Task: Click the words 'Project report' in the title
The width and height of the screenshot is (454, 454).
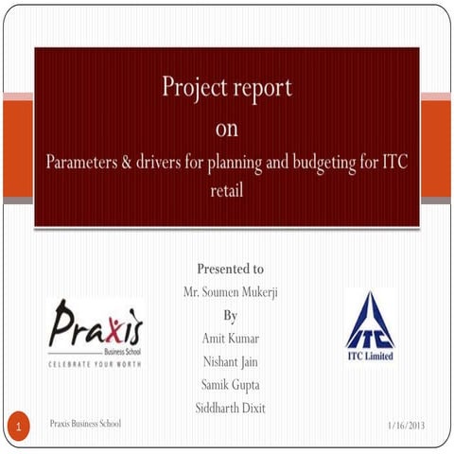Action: (227, 88)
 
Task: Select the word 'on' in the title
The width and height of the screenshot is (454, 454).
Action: (227, 127)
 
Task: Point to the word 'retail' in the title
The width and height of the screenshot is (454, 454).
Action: (227, 189)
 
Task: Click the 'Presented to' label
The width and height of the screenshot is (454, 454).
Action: (230, 269)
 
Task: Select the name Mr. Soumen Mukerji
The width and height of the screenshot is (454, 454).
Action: (230, 292)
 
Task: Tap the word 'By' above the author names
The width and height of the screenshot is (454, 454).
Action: (230, 315)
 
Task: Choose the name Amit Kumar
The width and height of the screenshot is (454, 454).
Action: (230, 338)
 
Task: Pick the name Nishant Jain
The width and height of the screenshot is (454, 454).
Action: (230, 361)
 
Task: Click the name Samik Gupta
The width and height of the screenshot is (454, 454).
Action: (230, 384)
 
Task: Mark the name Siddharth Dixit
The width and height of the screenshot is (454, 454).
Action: (230, 408)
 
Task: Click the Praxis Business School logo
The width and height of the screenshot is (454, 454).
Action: (96, 326)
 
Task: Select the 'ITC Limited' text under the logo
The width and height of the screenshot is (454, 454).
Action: (370, 357)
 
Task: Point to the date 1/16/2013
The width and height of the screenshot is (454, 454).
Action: (407, 426)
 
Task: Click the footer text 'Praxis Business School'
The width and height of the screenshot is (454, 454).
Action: (85, 423)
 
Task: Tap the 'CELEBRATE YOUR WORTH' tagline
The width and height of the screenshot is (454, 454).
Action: (96, 362)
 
